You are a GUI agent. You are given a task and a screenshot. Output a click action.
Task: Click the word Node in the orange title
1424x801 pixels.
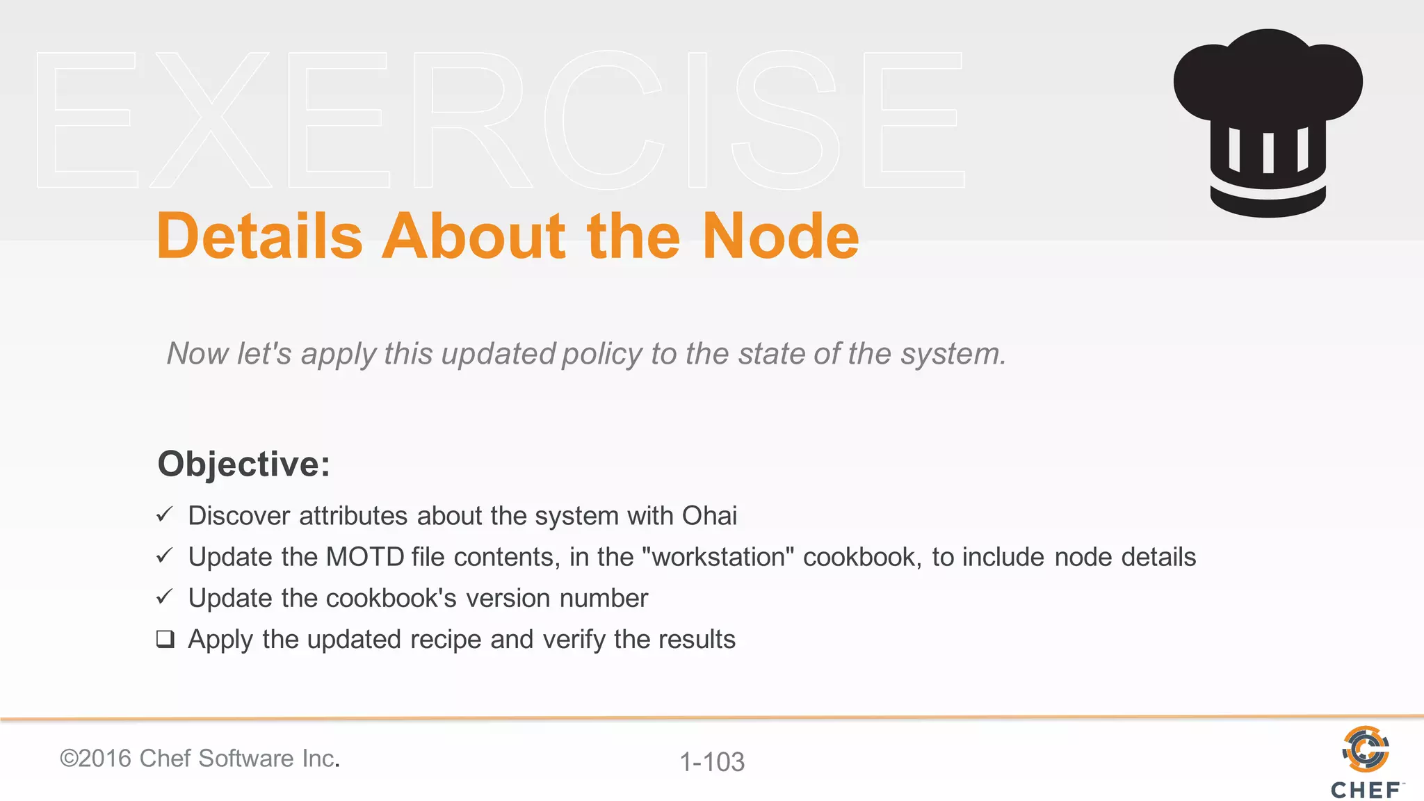[x=780, y=236]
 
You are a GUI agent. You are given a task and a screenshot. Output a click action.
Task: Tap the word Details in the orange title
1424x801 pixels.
[x=259, y=236]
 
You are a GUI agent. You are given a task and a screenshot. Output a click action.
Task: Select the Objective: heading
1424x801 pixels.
[x=243, y=464]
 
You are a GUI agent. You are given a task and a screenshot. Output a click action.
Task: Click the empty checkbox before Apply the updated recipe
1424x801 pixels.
[x=165, y=638]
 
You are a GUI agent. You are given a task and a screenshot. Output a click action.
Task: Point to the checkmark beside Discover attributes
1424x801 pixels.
[x=164, y=515]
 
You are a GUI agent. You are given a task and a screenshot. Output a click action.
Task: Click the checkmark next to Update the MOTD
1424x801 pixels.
[x=164, y=556]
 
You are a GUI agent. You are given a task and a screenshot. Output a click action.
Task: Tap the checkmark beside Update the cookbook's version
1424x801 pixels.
[x=164, y=597]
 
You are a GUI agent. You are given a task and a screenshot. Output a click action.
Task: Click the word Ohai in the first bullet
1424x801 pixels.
[x=709, y=516]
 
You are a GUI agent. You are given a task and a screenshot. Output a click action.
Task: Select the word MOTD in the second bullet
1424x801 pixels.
[x=365, y=557]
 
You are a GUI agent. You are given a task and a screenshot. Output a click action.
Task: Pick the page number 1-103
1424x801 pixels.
[x=711, y=762]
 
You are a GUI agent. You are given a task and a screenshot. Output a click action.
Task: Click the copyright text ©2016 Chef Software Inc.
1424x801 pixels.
[x=200, y=758]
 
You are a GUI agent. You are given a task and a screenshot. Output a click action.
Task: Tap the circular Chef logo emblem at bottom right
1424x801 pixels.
[x=1365, y=749]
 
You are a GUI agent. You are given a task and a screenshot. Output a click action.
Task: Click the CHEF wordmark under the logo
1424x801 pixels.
[x=1365, y=791]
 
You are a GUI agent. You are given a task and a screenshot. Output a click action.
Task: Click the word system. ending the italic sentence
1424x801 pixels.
[x=953, y=354]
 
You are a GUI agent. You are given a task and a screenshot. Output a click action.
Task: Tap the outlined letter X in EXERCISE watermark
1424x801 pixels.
[x=210, y=120]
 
